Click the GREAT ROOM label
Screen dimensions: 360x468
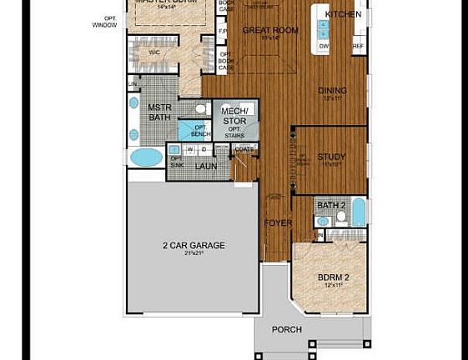point(269,30)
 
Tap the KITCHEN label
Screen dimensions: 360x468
point(343,14)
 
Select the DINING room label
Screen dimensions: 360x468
point(332,91)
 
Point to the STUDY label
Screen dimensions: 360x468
point(331,157)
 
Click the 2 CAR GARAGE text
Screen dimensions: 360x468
point(194,246)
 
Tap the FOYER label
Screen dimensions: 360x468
point(278,223)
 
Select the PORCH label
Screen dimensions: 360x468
point(286,329)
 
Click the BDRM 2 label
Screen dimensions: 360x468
point(333,277)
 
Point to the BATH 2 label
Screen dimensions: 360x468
point(331,205)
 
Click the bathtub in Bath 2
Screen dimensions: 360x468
point(358,212)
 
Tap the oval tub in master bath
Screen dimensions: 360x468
point(148,156)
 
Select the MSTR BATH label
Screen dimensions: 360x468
point(159,112)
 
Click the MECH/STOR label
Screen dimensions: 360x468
point(234,116)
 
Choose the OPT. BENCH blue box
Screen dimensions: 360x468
point(199,131)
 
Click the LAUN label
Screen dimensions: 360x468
point(206,166)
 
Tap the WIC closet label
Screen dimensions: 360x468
point(154,52)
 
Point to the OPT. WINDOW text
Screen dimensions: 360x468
point(105,22)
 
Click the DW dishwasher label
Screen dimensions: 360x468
point(324,47)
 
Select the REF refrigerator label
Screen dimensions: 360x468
point(359,47)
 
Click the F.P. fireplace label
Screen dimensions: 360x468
point(223,32)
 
